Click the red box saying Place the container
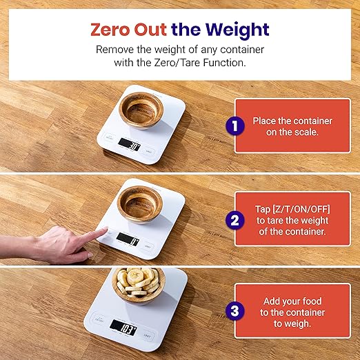(292, 126)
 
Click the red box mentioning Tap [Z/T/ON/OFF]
(292, 219)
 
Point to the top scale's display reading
(130, 145)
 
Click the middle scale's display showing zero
(128, 241)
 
